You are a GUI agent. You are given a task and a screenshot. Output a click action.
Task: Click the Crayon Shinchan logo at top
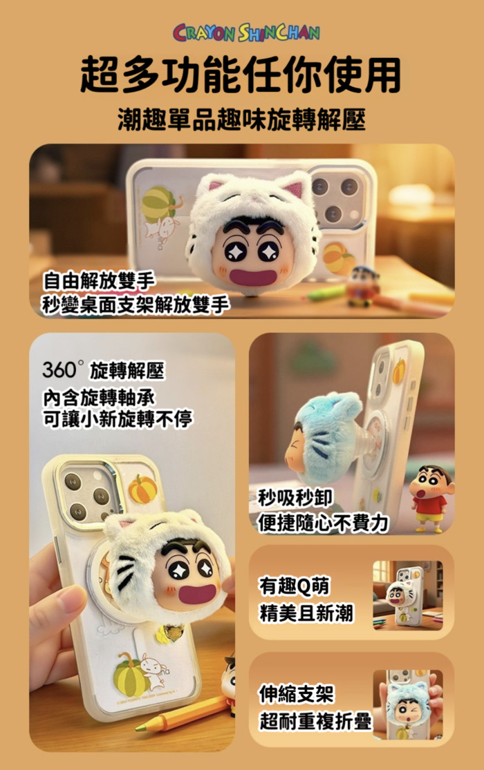tap(246, 32)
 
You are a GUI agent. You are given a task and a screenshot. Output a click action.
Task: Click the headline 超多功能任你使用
tap(241, 75)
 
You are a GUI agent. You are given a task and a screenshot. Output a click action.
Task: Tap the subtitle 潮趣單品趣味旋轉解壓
tap(241, 120)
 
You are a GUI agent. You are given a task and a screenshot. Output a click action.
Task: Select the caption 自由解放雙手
tap(99, 281)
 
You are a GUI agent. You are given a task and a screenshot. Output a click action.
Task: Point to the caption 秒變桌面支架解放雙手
tap(136, 305)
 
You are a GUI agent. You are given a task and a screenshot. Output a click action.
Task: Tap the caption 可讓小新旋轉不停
tap(118, 419)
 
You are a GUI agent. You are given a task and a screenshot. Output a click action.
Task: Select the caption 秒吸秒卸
tap(296, 498)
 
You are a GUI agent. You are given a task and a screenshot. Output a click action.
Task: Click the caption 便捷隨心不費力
tap(324, 523)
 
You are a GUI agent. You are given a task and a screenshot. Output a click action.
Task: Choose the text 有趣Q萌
tap(295, 586)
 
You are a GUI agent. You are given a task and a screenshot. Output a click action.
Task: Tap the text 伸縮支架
tap(297, 694)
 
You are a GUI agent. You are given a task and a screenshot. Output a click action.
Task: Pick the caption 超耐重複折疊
tap(315, 721)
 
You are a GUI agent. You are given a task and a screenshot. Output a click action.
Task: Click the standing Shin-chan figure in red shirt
tap(430, 499)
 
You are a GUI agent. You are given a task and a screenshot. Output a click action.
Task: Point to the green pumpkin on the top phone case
tap(158, 203)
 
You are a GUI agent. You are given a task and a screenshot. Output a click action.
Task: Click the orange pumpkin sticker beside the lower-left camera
tap(142, 489)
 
